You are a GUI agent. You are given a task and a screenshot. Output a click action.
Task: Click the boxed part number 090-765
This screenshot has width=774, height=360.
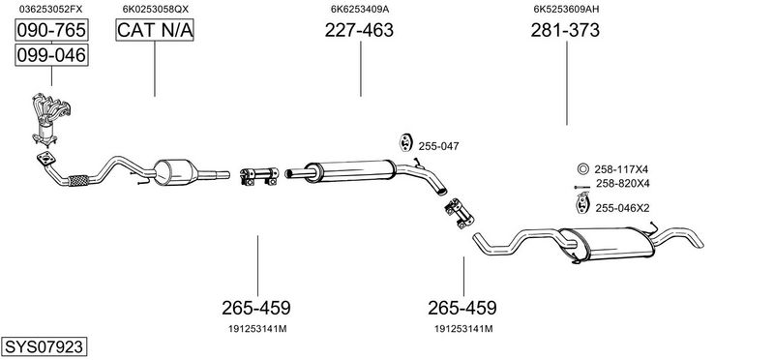click(51, 30)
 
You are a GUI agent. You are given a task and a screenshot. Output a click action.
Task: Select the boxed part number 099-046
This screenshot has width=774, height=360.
click(51, 54)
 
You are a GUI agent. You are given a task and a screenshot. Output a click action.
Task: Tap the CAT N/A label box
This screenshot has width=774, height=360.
click(155, 30)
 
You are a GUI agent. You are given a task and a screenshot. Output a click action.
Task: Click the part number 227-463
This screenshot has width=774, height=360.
click(359, 30)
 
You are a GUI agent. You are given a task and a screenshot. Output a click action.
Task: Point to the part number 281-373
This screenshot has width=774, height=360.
click(565, 30)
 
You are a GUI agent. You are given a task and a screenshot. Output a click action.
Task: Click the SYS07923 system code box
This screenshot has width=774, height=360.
click(44, 346)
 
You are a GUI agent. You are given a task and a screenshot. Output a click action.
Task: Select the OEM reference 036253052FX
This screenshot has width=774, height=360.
click(51, 9)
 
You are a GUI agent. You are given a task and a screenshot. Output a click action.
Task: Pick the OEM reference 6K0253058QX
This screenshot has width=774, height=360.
click(156, 9)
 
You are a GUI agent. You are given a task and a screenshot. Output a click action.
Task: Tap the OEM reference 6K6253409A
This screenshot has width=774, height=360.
click(360, 9)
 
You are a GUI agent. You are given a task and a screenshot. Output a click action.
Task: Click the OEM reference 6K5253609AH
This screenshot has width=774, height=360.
click(566, 9)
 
